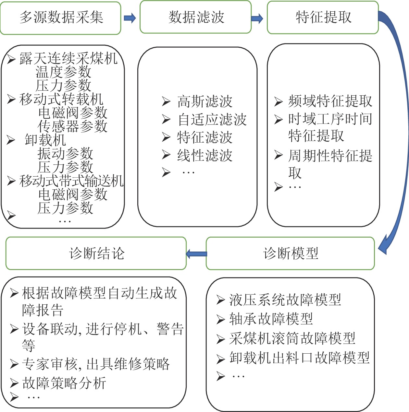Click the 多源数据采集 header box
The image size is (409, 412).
tap(61, 18)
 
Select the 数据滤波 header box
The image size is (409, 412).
tap(196, 17)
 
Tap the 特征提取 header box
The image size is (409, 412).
tap(323, 17)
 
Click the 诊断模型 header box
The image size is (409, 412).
tap(291, 253)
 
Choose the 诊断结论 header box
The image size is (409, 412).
tap(96, 253)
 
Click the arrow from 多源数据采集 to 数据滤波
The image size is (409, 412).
tap(130, 18)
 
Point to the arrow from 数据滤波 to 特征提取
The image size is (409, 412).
tap(257, 18)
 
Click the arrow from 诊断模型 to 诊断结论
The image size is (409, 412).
tap(196, 254)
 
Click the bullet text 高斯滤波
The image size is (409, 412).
tap(205, 102)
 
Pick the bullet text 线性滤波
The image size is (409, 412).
tap(205, 156)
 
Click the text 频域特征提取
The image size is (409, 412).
tap(330, 101)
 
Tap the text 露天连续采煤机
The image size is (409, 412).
tap(68, 58)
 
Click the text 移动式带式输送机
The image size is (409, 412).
tap(71, 181)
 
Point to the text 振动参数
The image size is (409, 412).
tap(65, 153)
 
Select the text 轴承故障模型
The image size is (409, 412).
tap(271, 319)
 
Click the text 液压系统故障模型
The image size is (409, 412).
tap(285, 300)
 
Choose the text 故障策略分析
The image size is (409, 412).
tap(64, 383)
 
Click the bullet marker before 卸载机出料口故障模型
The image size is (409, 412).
tap(221, 359)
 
